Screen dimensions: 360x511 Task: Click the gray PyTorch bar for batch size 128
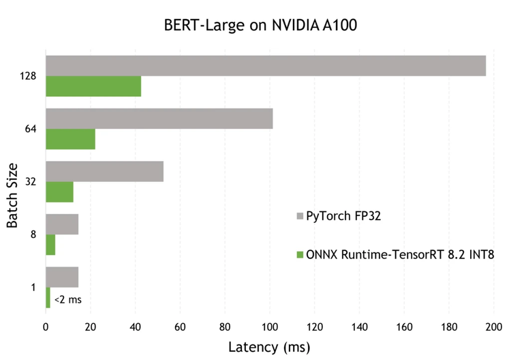266,65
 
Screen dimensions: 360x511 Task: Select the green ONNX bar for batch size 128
93,87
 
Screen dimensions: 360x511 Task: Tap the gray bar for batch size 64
159,119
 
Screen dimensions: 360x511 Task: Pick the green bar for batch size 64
70,139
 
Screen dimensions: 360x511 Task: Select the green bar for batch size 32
59,192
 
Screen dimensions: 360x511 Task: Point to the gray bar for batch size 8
62,224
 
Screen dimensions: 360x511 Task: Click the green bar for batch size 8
50,245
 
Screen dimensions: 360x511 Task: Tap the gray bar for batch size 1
62,277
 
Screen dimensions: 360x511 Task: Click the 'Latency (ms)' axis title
268,347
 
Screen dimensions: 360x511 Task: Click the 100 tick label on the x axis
270,327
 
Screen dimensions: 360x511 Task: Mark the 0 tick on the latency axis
46,327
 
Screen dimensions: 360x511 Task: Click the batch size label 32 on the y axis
30,181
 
